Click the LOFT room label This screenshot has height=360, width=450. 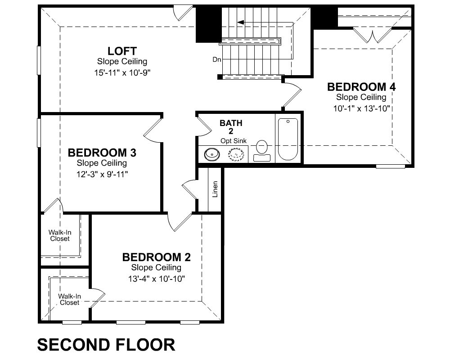pos(122,51)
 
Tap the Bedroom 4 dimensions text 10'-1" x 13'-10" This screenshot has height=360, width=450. pos(361,108)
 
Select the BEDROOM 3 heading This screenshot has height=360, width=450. pos(102,153)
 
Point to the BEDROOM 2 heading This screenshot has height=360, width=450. pos(157,257)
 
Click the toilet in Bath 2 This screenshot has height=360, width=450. pos(262,151)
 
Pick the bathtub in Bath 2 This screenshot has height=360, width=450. pos(288,139)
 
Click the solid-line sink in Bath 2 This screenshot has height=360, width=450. pos(212,154)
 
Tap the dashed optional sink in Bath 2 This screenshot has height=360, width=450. pos(236,155)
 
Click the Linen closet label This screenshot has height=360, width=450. pos(215,189)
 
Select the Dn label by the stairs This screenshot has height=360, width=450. pos(217,59)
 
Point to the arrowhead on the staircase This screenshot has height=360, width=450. pos(240,22)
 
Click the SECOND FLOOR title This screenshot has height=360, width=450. pos(106,345)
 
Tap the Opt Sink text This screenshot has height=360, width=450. pos(234,141)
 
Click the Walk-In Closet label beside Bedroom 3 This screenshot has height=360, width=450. pos(60,235)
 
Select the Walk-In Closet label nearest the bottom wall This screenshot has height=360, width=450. pos(69,299)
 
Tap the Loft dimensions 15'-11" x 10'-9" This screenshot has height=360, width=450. pos(122,72)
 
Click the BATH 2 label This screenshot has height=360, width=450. pos(231,127)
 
